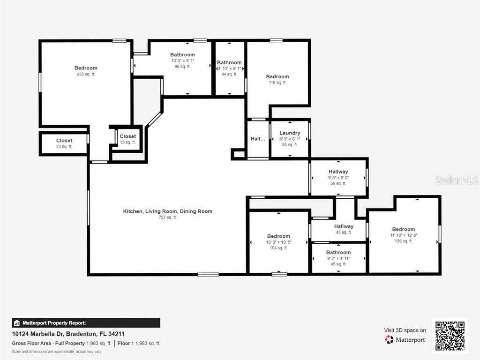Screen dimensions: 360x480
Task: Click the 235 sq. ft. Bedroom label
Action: click(x=86, y=68)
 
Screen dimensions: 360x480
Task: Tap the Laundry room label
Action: click(x=290, y=133)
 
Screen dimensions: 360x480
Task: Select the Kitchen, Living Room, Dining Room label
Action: click(x=167, y=211)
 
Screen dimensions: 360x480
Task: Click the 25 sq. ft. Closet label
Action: click(x=64, y=141)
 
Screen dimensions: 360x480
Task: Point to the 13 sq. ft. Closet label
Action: click(x=127, y=136)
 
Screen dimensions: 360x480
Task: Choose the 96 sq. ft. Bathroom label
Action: click(x=182, y=55)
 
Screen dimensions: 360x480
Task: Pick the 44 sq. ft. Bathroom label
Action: click(x=229, y=62)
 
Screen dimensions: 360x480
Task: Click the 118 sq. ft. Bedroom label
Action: click(x=277, y=76)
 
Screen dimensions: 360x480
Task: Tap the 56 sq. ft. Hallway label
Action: click(x=338, y=172)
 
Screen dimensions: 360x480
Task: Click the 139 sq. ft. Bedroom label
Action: click(x=404, y=229)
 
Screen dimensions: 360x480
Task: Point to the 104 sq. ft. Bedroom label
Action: click(x=278, y=236)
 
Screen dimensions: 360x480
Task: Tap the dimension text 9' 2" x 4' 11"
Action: click(x=338, y=258)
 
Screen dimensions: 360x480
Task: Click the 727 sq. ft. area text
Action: click(x=167, y=217)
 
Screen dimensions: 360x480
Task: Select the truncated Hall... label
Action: click(x=258, y=139)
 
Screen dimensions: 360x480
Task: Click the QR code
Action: click(x=450, y=336)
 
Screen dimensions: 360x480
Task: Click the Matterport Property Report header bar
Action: click(x=86, y=323)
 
